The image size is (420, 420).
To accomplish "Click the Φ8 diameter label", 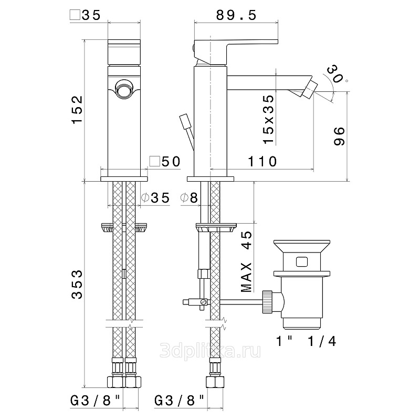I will pyautogui.click(x=188, y=198).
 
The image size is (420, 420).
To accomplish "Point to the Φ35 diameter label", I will pyautogui.click(x=156, y=198).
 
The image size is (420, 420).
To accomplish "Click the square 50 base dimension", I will pyautogui.click(x=164, y=162).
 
